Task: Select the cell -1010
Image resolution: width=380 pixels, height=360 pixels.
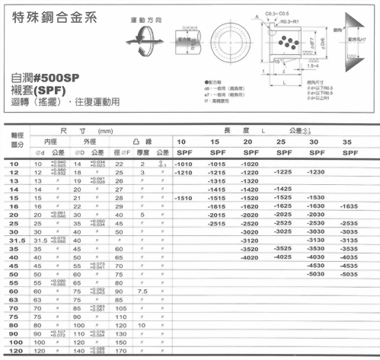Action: point(185,164)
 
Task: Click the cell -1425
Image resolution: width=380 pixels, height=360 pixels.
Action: point(283,189)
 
